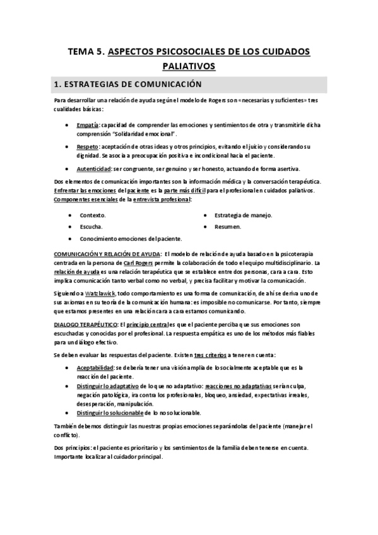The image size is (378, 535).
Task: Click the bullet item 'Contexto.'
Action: [x=93, y=215]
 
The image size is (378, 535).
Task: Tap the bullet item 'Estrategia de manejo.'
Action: [x=243, y=215]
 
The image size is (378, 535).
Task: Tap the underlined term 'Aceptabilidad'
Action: [x=96, y=367]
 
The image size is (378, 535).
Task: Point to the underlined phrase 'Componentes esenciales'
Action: [x=82, y=199]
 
